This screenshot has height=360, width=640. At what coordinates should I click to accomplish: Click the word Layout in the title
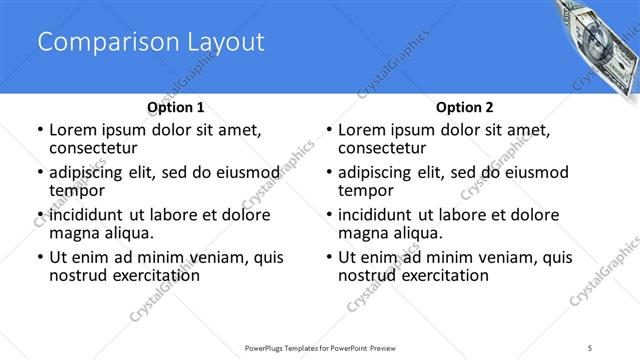pyautogui.click(x=220, y=42)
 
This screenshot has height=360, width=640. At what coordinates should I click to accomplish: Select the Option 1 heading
pyautogui.click(x=176, y=107)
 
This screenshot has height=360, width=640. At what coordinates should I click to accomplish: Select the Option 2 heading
pyautogui.click(x=464, y=107)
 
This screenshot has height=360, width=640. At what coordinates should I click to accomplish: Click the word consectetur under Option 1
pyautogui.click(x=96, y=148)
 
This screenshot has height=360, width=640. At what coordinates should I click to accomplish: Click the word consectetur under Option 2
pyautogui.click(x=385, y=148)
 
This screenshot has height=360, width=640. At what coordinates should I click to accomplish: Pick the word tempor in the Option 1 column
pyautogui.click(x=77, y=191)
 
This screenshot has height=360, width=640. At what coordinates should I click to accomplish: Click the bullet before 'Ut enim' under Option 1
pyautogui.click(x=40, y=258)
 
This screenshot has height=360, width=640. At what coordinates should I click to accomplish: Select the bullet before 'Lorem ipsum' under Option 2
pyautogui.click(x=329, y=131)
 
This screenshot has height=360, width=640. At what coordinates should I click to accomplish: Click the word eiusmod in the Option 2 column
pyautogui.click(x=535, y=173)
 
